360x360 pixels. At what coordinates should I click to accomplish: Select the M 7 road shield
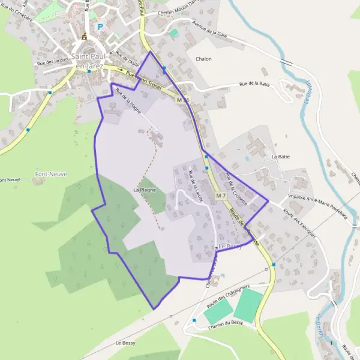pyautogui.click(x=220, y=196)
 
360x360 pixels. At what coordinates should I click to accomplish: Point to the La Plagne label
pyautogui.click(x=145, y=190)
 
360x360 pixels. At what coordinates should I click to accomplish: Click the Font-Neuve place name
pyautogui.click(x=50, y=174)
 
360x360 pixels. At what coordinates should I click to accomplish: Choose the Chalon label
pyautogui.click(x=203, y=59)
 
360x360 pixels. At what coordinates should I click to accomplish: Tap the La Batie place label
pyautogui.click(x=281, y=157)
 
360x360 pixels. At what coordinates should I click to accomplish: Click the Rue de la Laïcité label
pyautogui.click(x=196, y=186)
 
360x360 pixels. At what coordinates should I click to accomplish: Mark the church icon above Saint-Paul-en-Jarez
pyautogui.click(x=84, y=37)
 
